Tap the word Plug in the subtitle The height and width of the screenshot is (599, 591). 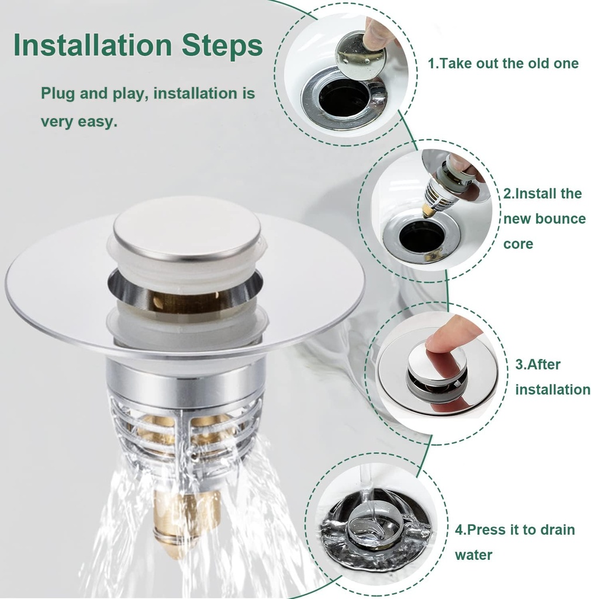coord(57,94)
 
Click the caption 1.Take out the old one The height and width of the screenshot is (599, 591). coord(503,63)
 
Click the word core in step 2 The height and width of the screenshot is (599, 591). coord(518,244)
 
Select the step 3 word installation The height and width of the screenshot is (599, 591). coord(552,390)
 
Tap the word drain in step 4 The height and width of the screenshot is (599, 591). coord(557,530)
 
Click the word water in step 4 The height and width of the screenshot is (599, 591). coord(474,555)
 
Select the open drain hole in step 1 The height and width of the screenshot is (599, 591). coord(344,97)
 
